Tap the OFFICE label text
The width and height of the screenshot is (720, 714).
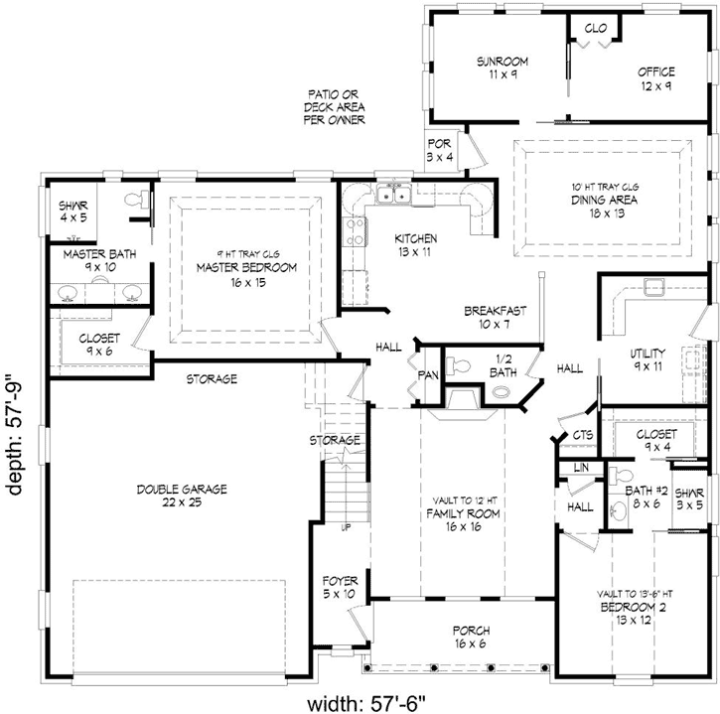[655, 78]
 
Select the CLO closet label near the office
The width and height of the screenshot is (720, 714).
[596, 28]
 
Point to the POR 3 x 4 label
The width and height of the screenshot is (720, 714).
[439, 150]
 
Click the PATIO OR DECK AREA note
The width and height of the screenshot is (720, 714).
[334, 106]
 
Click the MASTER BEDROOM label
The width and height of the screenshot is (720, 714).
[245, 274]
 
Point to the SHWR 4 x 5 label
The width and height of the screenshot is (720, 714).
[73, 212]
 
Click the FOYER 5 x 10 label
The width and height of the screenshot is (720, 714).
[340, 588]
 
